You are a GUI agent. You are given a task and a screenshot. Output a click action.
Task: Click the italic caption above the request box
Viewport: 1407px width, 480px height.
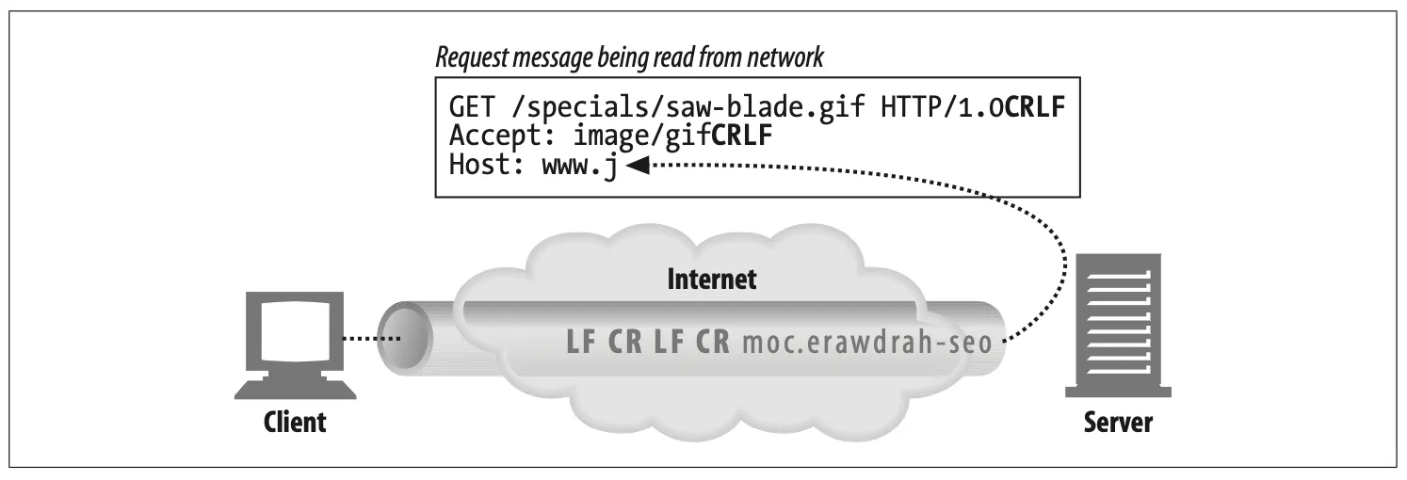pos(628,58)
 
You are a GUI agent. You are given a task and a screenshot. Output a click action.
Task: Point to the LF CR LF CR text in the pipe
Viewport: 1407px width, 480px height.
pos(648,340)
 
